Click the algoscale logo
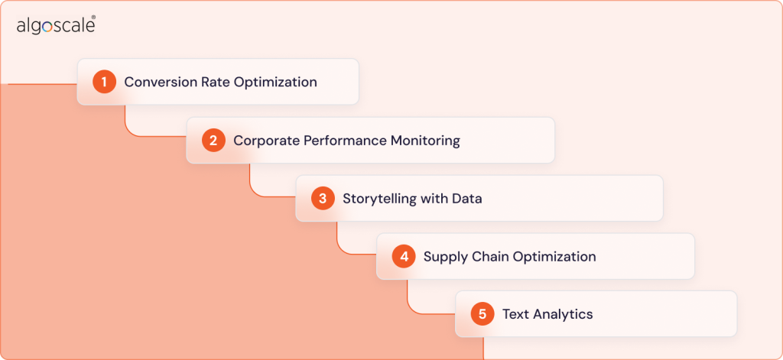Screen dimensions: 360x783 (x=55, y=26)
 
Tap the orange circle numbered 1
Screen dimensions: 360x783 (x=104, y=82)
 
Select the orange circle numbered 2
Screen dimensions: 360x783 (x=213, y=141)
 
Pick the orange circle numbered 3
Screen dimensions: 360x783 (x=323, y=199)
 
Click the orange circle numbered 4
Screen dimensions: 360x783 (x=404, y=257)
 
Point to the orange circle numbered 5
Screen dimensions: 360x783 (x=482, y=314)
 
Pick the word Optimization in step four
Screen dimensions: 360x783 (x=554, y=257)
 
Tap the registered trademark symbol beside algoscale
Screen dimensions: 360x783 (x=93, y=17)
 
